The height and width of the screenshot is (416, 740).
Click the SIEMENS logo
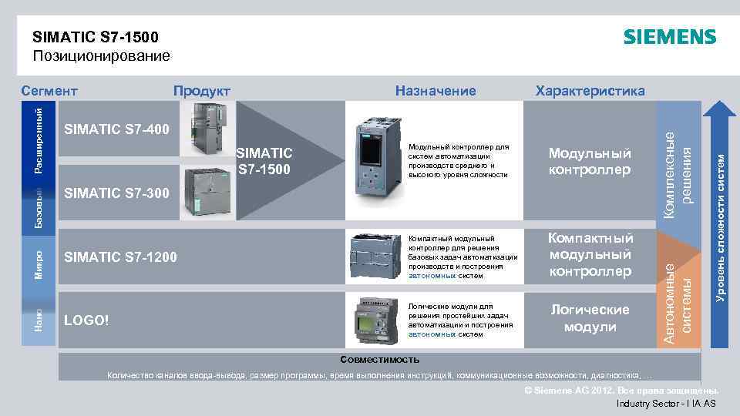click(669, 37)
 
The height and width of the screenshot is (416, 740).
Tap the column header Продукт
click(201, 91)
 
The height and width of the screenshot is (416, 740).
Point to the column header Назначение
click(436, 91)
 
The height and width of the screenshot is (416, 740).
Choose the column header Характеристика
click(590, 91)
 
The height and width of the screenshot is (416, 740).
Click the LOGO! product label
click(87, 319)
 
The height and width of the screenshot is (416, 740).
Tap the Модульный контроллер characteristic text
click(590, 161)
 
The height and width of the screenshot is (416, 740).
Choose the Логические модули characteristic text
click(590, 317)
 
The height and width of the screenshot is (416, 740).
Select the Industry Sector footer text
click(666, 404)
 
